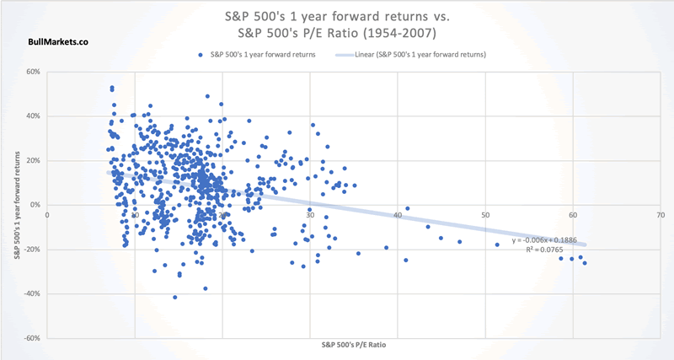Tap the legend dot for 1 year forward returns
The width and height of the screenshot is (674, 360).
tap(200, 55)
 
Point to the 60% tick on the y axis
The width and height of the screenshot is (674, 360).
tap(34, 72)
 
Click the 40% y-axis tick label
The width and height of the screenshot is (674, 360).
tap(34, 116)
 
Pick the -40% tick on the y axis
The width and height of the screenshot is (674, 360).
tap(32, 293)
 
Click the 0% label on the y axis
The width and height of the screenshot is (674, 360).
tap(36, 205)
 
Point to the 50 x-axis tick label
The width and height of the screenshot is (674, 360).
tap(485, 214)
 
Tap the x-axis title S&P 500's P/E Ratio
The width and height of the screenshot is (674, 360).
tap(354, 347)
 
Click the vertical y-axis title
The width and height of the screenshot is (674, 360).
tap(14, 205)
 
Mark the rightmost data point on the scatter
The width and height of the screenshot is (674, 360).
tap(585, 263)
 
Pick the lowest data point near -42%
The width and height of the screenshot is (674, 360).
tap(175, 297)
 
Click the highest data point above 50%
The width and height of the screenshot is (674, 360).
tap(112, 88)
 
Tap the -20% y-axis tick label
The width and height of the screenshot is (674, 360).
tap(32, 250)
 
